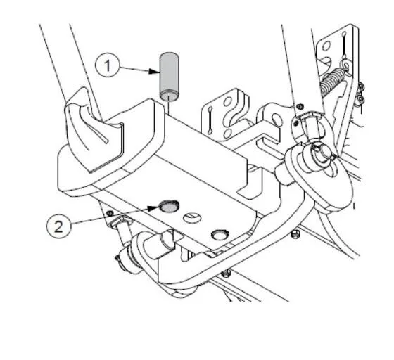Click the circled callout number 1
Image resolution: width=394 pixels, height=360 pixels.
click(107, 66)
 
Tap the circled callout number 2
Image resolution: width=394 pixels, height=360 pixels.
click(58, 226)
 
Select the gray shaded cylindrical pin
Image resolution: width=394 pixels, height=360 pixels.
click(170, 77)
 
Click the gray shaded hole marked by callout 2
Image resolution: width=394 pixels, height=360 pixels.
click(169, 206)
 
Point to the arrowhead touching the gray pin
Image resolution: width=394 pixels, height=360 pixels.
click(153, 71)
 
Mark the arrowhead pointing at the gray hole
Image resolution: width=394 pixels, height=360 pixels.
click(153, 208)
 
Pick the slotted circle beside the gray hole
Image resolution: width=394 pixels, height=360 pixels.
click(192, 218)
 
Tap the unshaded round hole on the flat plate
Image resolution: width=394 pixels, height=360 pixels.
click(220, 234)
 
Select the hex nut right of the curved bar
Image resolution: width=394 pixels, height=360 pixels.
click(295, 234)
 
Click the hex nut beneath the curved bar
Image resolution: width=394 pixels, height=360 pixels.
click(227, 273)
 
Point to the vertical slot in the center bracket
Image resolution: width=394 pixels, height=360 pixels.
click(210, 120)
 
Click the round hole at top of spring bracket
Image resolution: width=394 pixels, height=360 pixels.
click(326, 46)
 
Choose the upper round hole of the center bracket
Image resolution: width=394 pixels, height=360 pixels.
click(228, 102)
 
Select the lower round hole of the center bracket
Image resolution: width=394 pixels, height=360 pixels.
click(228, 133)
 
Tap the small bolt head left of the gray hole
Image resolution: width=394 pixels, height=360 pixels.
click(110, 214)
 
